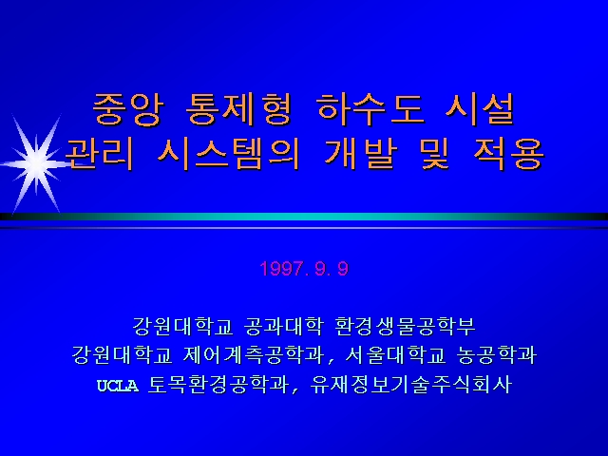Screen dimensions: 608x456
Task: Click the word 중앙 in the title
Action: [128, 109]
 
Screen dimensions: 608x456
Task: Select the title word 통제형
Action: [239, 109]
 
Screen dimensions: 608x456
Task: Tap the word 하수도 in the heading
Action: [369, 109]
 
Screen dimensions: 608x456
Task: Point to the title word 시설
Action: [480, 109]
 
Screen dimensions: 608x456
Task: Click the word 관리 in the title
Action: [99, 154]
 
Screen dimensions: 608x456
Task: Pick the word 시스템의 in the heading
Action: [228, 154]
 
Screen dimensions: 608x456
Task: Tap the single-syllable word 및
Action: [435, 154]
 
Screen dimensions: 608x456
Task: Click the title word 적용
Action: [508, 154]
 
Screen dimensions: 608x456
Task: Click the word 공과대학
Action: [283, 326]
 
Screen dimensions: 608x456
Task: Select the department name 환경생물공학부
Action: [405, 326]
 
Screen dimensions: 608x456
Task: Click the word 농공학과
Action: [497, 354]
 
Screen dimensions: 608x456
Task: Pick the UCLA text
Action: [118, 386]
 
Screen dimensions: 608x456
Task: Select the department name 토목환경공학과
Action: [219, 384]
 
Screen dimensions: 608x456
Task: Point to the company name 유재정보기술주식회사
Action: [411, 384]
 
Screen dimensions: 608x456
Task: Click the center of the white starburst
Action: [36, 163]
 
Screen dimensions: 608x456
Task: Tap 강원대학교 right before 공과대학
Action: [183, 326]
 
